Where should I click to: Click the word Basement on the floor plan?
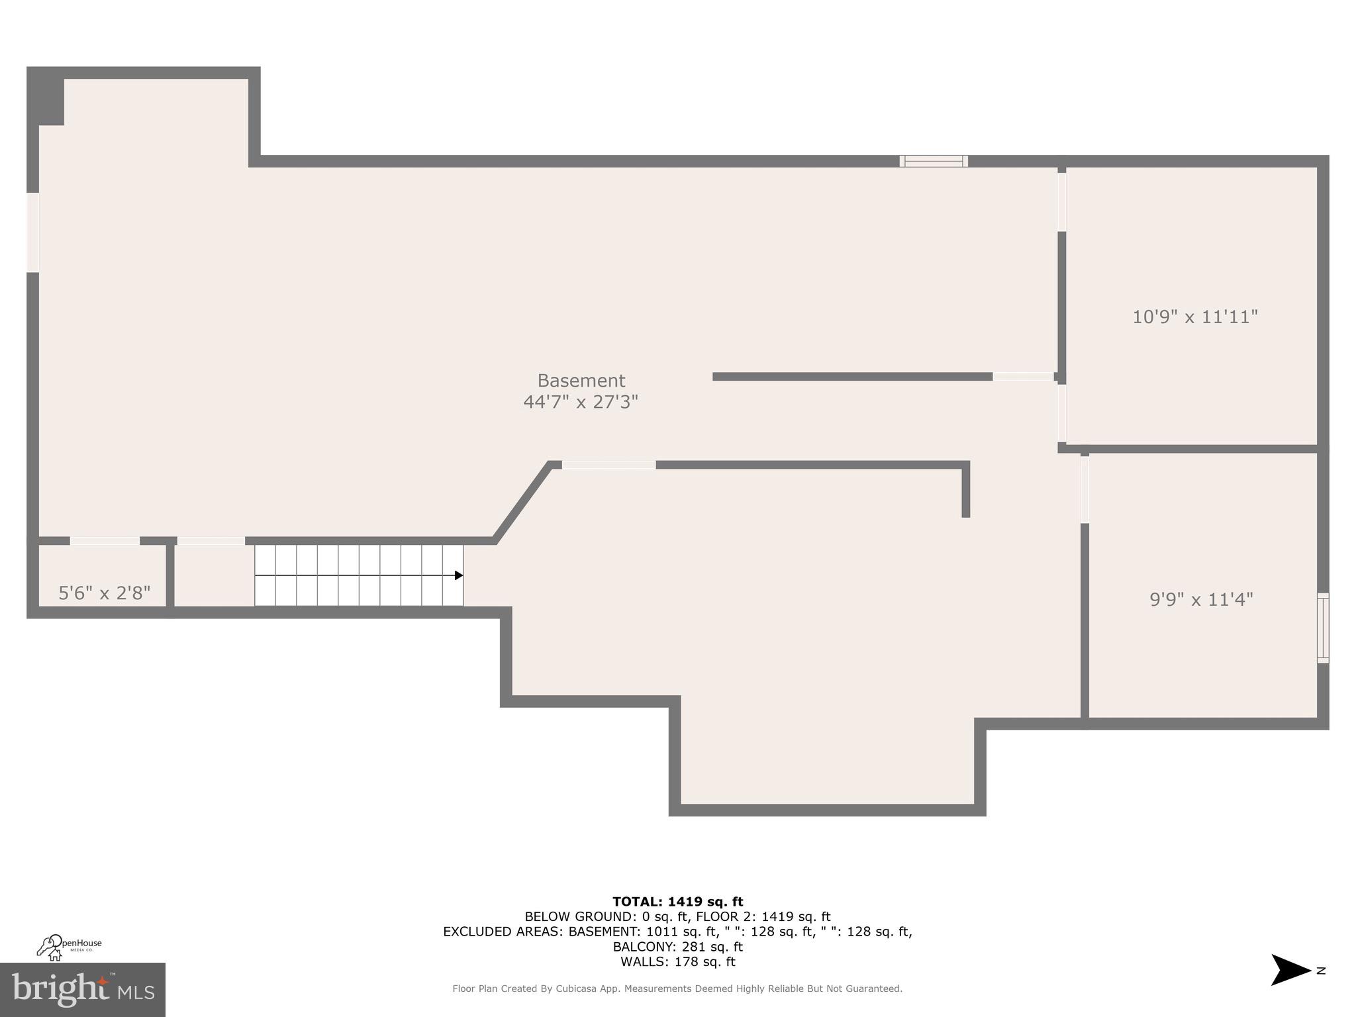point(581,381)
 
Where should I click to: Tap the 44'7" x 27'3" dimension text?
point(581,402)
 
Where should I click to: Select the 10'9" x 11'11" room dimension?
point(1194,316)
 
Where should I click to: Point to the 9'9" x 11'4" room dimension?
point(1201,599)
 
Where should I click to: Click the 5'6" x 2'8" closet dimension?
point(105,593)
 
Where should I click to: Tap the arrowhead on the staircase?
point(458,575)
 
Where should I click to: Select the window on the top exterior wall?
point(934,161)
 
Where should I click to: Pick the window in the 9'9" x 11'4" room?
point(1322,628)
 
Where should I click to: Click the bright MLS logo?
point(82,989)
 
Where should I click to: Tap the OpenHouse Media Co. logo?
point(69,947)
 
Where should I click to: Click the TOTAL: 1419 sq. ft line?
point(677,901)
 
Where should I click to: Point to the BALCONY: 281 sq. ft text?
point(677,947)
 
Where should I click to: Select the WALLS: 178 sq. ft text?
point(677,962)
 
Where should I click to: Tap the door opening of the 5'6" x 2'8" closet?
point(105,541)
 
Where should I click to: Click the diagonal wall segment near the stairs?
point(522,502)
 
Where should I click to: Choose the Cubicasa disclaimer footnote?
point(677,989)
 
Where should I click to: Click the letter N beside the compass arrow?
point(1321,971)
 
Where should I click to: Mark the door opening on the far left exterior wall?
point(32,232)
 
